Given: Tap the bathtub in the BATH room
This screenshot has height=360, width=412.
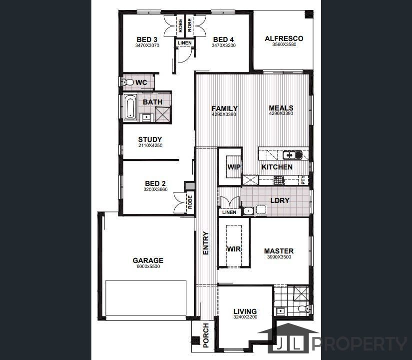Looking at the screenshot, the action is [130, 107].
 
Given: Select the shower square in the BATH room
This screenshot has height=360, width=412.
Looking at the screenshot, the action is [163, 114].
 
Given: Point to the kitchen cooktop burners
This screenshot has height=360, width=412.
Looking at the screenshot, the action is [279, 180].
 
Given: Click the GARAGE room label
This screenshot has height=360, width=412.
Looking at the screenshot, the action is [148, 260].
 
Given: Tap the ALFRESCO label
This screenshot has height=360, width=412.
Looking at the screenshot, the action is [284, 38].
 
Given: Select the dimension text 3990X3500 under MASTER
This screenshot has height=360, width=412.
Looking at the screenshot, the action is [279, 257].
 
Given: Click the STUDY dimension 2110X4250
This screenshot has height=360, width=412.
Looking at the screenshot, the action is [150, 145].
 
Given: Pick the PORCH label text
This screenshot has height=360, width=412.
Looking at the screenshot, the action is [206, 335].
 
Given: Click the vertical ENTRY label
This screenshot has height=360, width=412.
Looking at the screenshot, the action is [206, 243].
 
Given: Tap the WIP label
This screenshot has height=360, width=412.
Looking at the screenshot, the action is [234, 167].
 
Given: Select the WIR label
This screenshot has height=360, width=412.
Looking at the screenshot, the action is [234, 248].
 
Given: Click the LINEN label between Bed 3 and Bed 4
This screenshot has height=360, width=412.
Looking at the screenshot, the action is [185, 43].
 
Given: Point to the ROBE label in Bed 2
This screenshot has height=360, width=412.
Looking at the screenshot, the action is [190, 202].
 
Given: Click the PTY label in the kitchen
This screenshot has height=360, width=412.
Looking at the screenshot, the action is [304, 180].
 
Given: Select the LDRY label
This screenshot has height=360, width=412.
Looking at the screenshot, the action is [280, 200].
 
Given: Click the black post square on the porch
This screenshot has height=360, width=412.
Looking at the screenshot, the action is [195, 340].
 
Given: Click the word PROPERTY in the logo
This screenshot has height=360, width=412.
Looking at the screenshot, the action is [360, 344].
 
